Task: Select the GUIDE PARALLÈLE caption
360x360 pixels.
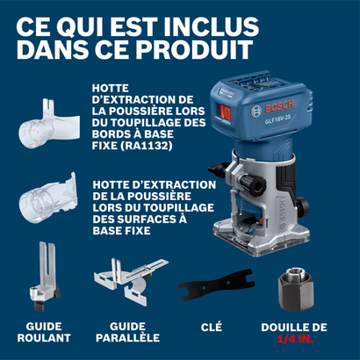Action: click(127, 330)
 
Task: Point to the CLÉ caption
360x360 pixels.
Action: click(211, 325)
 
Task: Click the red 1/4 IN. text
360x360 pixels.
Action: click(295, 336)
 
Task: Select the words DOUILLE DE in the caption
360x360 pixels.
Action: click(294, 325)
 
